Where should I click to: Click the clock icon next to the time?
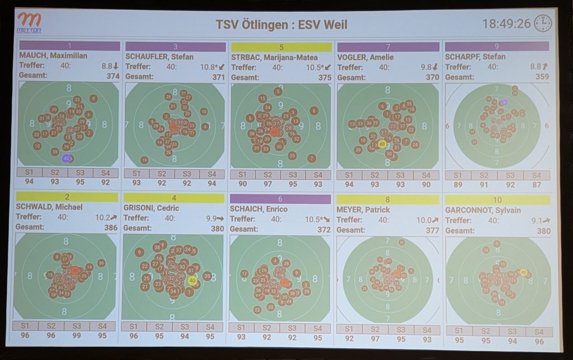(x=542, y=24)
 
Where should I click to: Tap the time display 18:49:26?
(x=506, y=24)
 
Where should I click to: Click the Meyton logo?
(x=29, y=23)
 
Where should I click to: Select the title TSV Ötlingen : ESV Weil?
(x=281, y=25)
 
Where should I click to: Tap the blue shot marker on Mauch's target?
(x=66, y=158)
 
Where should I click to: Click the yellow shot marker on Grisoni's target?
(x=192, y=281)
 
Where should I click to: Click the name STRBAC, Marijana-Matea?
(x=274, y=57)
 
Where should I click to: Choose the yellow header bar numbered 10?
(x=497, y=200)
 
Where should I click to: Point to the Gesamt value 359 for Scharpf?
(x=541, y=77)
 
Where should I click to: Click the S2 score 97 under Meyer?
(x=374, y=339)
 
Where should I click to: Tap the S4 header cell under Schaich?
(x=317, y=328)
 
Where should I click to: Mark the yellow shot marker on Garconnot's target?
(x=524, y=272)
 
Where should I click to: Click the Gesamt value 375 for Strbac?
(x=325, y=77)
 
